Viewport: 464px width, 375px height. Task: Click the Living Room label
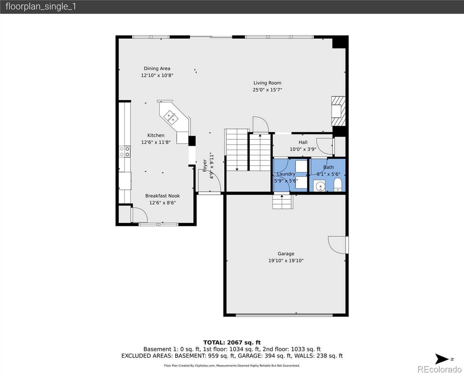coord(267,83)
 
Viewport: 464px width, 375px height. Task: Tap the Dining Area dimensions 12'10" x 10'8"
coord(157,75)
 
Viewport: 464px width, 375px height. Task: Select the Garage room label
coord(286,253)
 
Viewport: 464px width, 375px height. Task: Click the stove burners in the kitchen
coord(125,152)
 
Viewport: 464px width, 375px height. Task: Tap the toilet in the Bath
coord(338,185)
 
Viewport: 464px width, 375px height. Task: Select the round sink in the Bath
coord(320,187)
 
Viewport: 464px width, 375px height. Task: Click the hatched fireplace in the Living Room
coord(339,111)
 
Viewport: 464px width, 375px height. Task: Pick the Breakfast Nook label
coord(163,196)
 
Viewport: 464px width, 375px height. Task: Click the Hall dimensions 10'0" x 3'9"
coord(303,149)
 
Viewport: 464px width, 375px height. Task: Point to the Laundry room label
coord(286,174)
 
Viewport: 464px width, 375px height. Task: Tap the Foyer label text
coord(205,165)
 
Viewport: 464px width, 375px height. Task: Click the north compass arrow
coord(442,359)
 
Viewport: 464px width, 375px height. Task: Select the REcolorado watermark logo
coord(439,369)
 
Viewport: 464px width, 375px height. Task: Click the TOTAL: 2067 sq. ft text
coord(232,342)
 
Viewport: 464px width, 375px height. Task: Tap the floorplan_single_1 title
coord(41,7)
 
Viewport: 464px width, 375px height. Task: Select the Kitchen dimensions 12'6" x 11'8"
coord(156,142)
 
